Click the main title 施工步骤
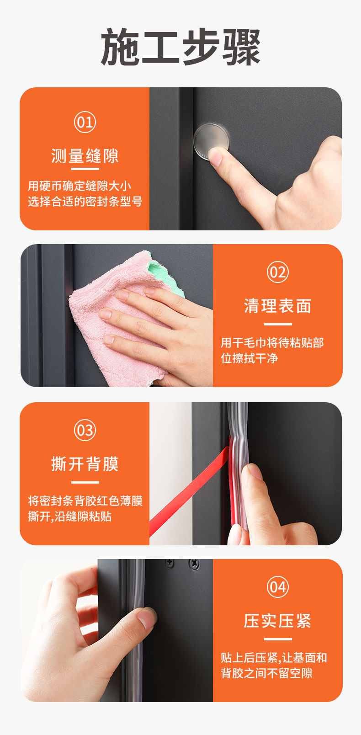tap(180, 47)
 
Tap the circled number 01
tap(85, 122)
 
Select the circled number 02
tap(278, 272)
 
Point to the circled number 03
tap(85, 430)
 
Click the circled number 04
tap(278, 587)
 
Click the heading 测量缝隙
tap(85, 156)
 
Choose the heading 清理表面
tap(278, 306)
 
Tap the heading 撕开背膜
tap(85, 464)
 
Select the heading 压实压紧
tap(278, 621)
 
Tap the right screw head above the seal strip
tap(194, 564)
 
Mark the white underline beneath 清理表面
tap(278, 324)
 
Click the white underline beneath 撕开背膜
tap(85, 482)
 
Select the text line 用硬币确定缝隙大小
tap(80, 186)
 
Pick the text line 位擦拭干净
tap(250, 358)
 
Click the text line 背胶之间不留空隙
tap(266, 673)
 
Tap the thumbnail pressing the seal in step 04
tap(146, 617)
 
